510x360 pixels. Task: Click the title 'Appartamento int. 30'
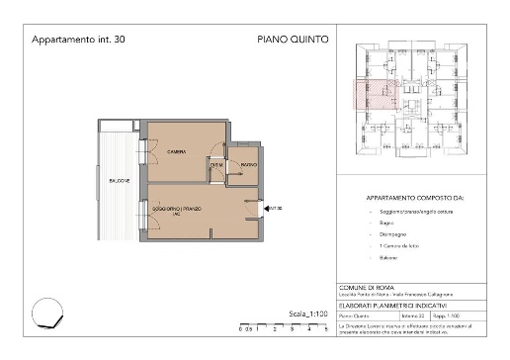78,41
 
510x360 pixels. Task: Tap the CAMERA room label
177,151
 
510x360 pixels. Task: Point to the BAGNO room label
249,164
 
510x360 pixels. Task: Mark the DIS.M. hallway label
216,165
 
